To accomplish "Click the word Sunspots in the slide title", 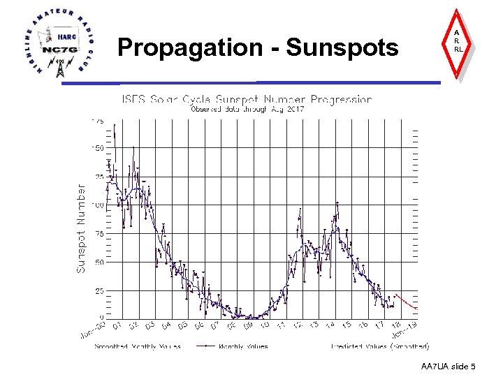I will tap(342, 47).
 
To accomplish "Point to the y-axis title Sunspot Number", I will tap(81, 229).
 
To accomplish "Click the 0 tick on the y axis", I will tap(101, 318).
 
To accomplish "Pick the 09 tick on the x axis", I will tap(249, 325).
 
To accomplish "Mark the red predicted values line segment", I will tap(407, 302).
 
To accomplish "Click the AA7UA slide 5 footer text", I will tap(449, 367).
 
